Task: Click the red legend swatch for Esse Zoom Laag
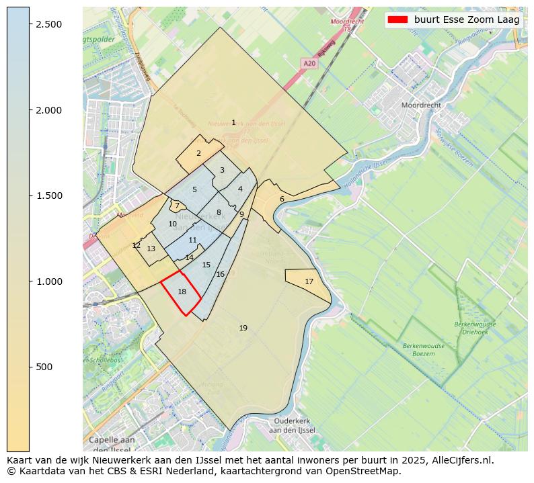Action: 399,20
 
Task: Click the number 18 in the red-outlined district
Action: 182,292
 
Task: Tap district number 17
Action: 309,281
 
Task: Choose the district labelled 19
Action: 243,328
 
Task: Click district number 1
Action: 233,122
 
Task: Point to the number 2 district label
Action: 198,153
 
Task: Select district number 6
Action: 282,199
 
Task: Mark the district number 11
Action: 193,240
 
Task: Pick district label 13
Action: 151,249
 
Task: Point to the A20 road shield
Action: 309,63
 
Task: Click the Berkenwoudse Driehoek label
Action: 475,328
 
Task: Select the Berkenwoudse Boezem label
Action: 424,349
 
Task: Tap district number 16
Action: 220,274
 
